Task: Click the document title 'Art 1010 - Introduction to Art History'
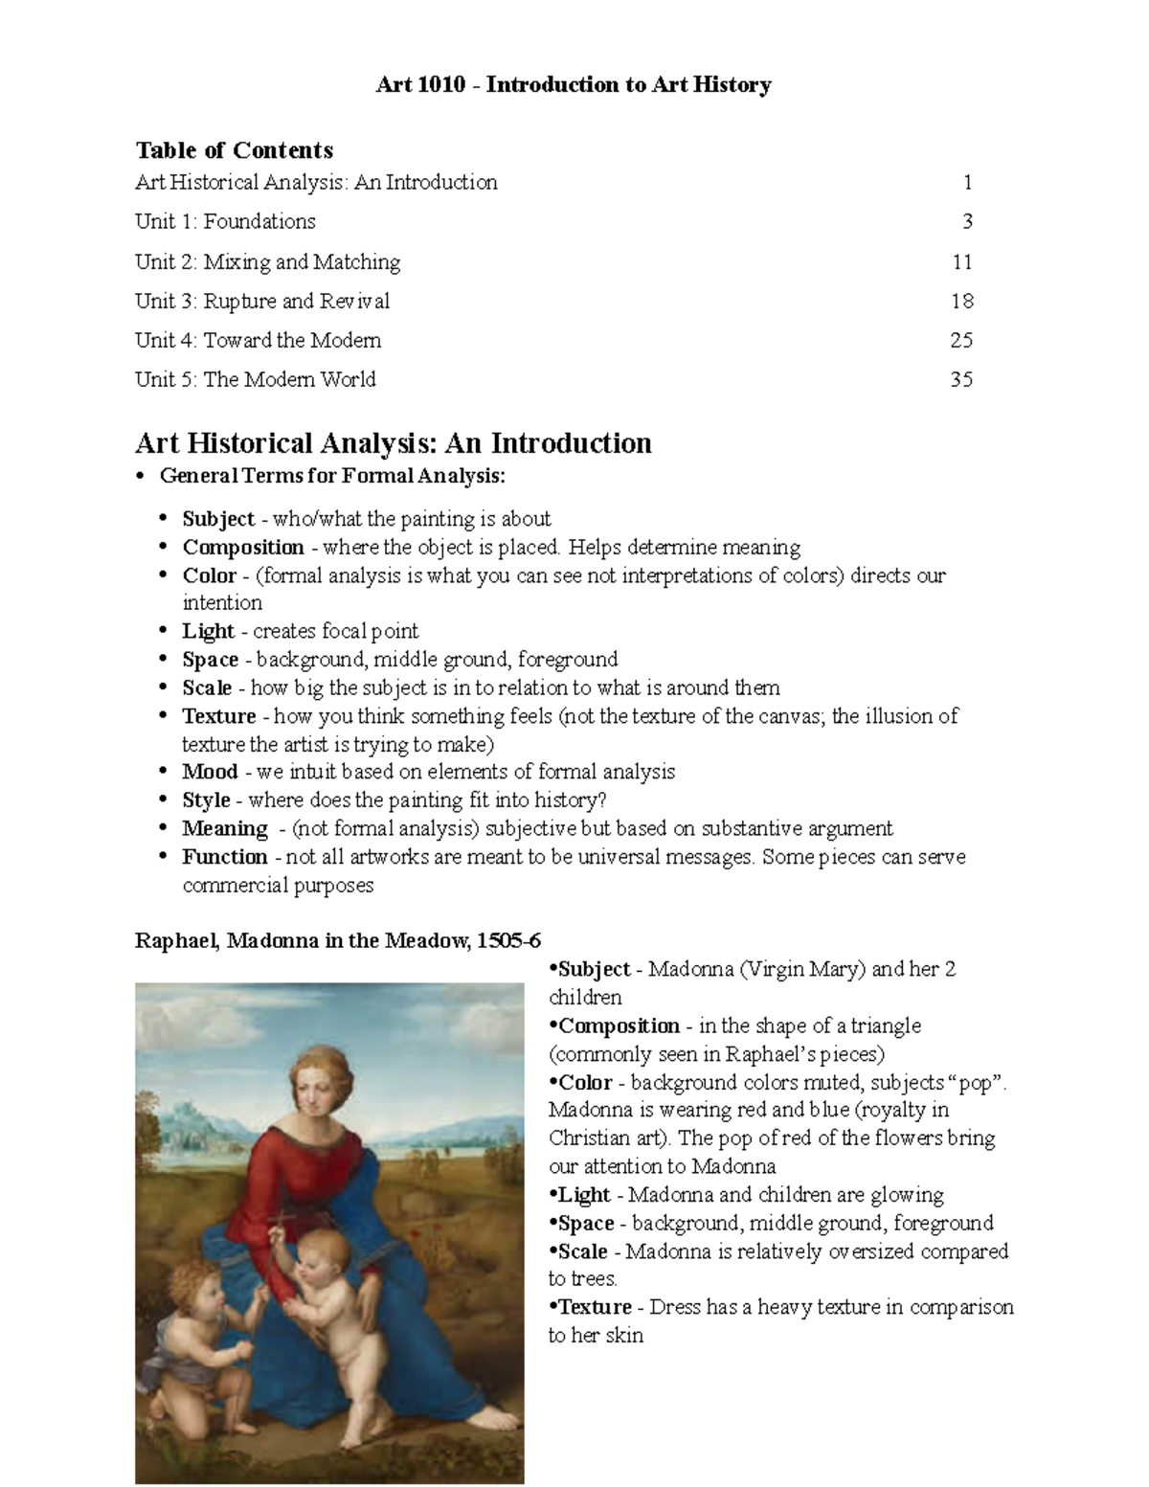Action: coord(574,85)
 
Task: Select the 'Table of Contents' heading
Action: coord(234,150)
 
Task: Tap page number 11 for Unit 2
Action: coord(962,262)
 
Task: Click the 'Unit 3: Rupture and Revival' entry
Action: coord(262,302)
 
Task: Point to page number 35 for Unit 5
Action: coord(961,380)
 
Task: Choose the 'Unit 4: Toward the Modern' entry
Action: coord(258,341)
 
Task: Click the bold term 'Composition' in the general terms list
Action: coord(243,548)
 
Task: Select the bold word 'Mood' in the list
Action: coord(210,773)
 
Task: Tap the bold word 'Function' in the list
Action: coord(225,857)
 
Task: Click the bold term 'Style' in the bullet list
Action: coord(207,800)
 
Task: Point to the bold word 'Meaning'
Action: coord(225,829)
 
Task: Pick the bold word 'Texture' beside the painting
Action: coord(595,1308)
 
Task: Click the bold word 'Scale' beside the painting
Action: coord(583,1252)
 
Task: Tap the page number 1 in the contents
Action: coord(968,183)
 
